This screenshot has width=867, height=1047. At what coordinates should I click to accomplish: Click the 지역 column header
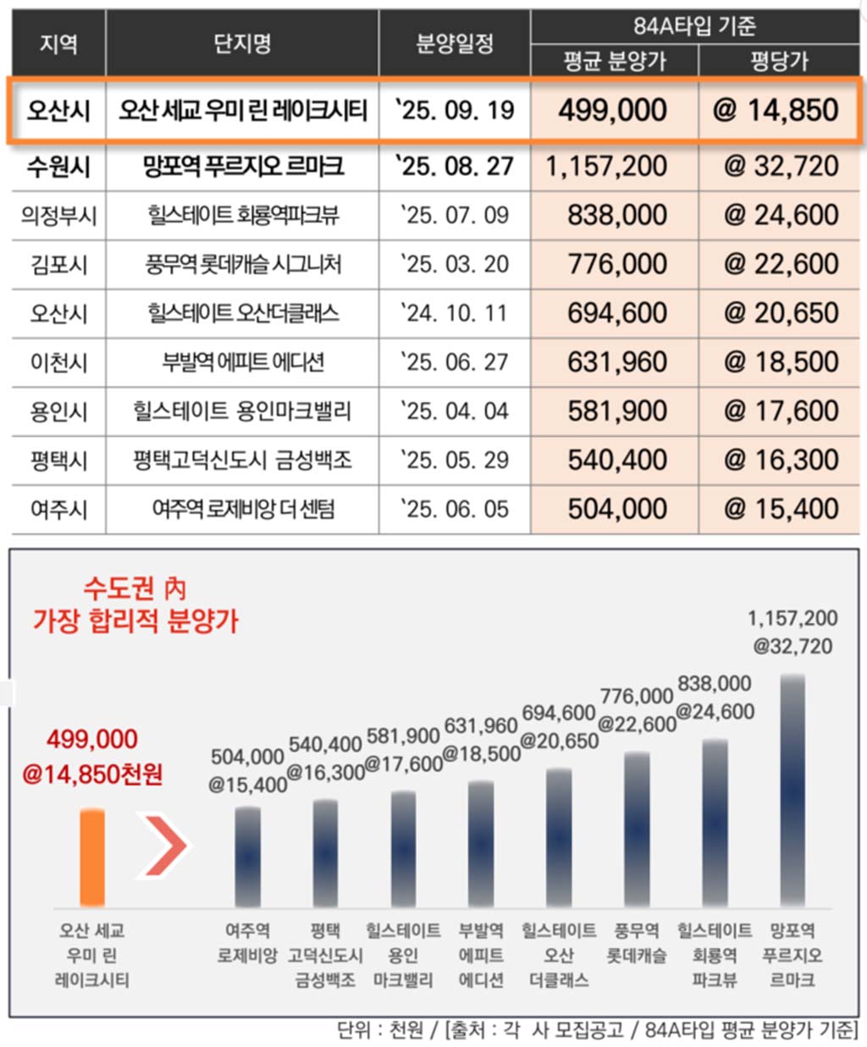58,43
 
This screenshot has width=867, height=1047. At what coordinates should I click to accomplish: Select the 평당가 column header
779,61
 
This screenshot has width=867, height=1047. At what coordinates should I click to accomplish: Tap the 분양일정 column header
455,43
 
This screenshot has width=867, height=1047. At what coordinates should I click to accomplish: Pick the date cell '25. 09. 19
455,110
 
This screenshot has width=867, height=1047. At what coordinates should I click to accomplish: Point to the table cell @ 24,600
780,215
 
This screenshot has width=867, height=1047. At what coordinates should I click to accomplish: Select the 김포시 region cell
58,264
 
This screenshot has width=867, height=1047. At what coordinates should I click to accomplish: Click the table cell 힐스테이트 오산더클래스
243,313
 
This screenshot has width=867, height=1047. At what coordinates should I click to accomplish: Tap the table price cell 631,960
617,362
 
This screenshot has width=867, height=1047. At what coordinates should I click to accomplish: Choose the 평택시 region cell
58,460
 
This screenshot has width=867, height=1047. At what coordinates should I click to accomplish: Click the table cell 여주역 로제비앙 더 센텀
243,510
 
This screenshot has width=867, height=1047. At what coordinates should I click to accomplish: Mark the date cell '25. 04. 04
455,411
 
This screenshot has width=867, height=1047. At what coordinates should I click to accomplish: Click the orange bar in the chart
92,857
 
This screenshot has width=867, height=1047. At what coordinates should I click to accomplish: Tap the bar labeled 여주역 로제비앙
247,857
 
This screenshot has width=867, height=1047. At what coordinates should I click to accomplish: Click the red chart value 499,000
91,740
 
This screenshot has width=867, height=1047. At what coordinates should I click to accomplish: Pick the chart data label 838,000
715,684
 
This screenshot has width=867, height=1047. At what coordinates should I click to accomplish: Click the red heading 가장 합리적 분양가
135,621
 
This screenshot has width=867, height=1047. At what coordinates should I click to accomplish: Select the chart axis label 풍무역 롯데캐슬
637,943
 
